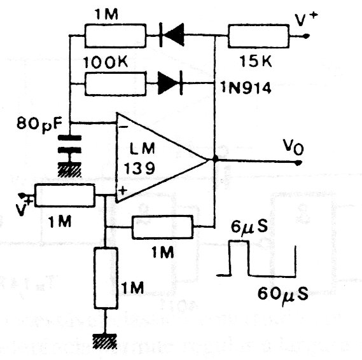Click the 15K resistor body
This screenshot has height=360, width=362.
[x=258, y=36]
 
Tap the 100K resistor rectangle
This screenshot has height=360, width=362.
[x=115, y=84]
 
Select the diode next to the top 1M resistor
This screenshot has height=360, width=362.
[x=172, y=35]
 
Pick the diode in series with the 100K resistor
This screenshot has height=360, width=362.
[x=170, y=83]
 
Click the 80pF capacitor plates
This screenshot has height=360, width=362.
[x=69, y=144]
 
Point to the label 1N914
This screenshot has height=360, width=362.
[x=246, y=88]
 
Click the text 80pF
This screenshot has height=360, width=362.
[x=39, y=125]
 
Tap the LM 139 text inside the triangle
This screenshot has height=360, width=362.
[x=139, y=158]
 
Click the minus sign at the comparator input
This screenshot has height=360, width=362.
[x=124, y=127]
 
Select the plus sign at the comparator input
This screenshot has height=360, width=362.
[x=123, y=191]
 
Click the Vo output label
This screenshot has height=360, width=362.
[x=293, y=148]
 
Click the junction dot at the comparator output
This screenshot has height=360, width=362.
[x=215, y=159]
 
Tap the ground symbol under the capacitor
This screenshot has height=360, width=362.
[x=69, y=170]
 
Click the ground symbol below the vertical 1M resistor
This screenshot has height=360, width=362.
[x=105, y=341]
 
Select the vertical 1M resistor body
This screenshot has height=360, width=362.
[x=106, y=278]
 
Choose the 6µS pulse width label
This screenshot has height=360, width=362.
[x=249, y=227]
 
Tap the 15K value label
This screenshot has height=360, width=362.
[x=256, y=61]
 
